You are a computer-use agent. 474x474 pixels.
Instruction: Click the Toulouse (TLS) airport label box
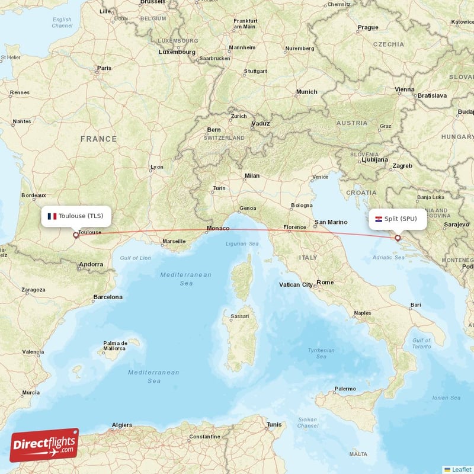coord(76,216)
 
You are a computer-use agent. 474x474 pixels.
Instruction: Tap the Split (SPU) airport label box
coord(397,219)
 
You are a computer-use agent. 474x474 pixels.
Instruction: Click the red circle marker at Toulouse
coord(75,235)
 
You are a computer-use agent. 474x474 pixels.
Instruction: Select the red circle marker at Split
coord(398,238)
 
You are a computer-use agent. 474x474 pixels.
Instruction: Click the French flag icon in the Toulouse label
coord(52,216)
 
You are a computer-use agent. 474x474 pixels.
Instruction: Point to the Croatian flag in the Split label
coord(378,219)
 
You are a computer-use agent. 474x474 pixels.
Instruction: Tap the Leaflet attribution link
coord(461,469)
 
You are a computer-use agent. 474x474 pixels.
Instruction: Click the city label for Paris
coord(104,68)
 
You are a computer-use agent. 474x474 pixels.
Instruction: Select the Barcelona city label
coord(108,297)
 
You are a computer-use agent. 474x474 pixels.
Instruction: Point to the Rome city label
coord(325,283)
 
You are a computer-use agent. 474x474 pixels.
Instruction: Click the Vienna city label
coord(405,90)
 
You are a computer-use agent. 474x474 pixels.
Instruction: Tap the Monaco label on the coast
coord(217,229)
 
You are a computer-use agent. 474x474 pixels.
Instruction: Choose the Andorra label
coord(91,264)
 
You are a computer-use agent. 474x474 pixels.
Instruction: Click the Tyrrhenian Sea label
coord(321,353)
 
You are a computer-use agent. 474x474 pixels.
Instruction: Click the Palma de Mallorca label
coord(116,346)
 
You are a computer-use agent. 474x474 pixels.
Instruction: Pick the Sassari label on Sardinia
coord(239,316)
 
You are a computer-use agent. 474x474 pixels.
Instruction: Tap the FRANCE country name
coord(99,139)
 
